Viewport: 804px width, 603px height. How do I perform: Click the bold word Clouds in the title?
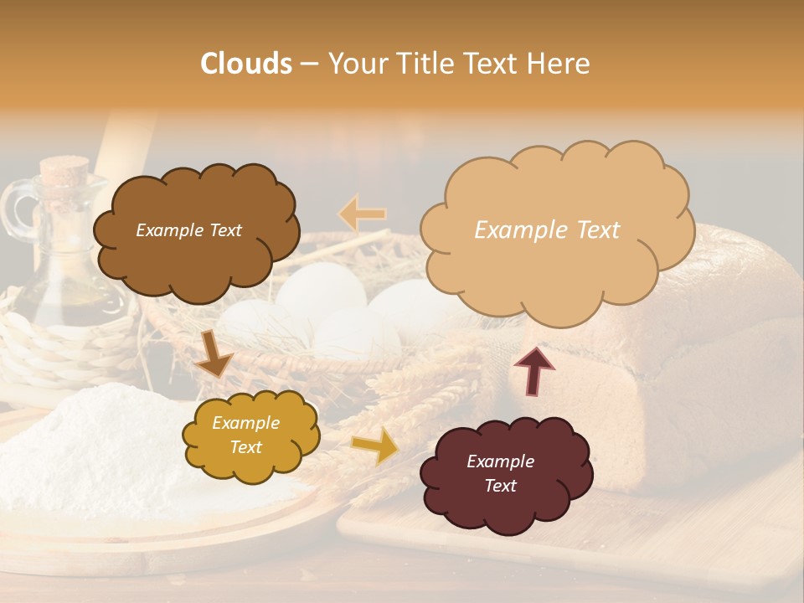coord(246,64)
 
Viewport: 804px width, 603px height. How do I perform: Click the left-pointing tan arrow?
coord(363,214)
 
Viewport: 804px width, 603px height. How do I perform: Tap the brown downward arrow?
coord(214,353)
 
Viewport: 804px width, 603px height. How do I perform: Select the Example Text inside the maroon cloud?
coord(500,473)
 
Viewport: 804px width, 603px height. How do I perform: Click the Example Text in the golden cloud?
coord(245,435)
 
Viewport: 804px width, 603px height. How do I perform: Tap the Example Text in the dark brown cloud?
coord(188,230)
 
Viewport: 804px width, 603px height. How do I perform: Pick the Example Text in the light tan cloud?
coord(547,230)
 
